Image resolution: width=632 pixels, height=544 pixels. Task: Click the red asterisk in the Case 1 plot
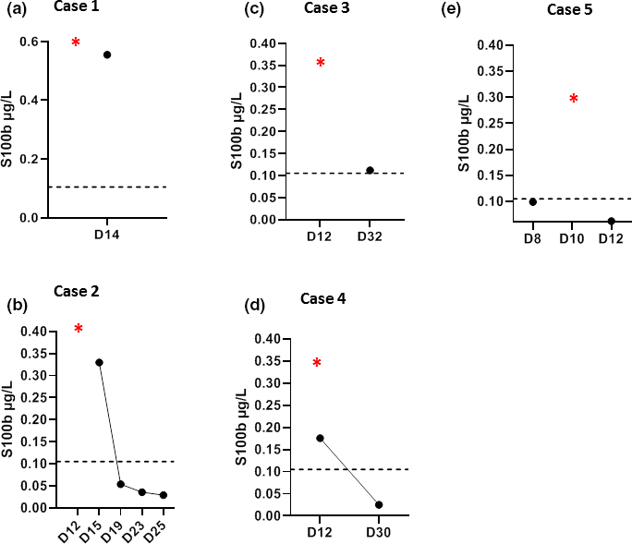pyautogui.click(x=76, y=42)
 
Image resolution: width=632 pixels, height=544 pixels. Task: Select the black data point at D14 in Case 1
pyautogui.click(x=107, y=54)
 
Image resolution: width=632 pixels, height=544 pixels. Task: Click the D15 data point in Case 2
pyautogui.click(x=99, y=362)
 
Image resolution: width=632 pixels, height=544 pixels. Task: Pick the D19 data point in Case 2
pyautogui.click(x=121, y=484)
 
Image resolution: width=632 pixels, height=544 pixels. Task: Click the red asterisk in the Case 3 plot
pyautogui.click(x=321, y=63)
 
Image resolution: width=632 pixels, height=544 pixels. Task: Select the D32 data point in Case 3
pyautogui.click(x=370, y=170)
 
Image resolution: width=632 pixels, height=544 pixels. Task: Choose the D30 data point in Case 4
pyautogui.click(x=379, y=504)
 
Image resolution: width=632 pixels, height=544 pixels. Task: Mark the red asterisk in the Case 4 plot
pyautogui.click(x=317, y=363)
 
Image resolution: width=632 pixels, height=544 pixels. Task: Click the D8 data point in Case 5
pyautogui.click(x=532, y=201)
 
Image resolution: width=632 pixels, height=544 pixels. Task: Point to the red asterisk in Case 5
pyautogui.click(x=573, y=99)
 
